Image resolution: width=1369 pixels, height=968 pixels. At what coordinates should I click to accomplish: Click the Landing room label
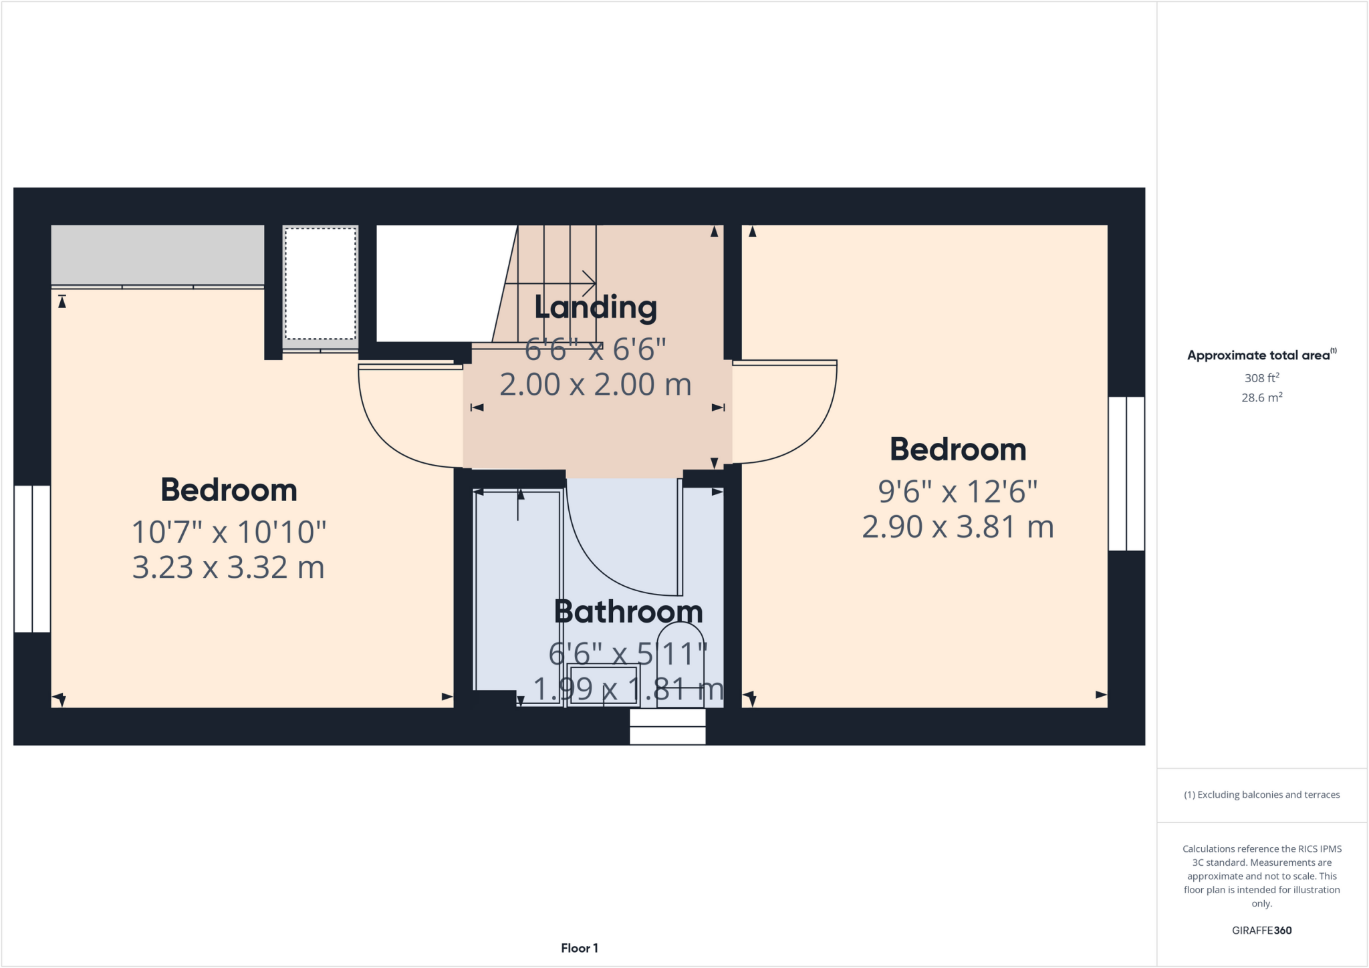596,308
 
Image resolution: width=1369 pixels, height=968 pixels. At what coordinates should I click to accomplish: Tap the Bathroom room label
628,612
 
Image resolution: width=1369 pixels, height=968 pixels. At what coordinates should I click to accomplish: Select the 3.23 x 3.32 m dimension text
228,568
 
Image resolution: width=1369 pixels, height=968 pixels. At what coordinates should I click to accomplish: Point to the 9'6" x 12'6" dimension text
957,492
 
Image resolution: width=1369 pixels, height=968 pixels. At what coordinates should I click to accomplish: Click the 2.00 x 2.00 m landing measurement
595,385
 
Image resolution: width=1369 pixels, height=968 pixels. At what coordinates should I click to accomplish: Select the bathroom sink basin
603,685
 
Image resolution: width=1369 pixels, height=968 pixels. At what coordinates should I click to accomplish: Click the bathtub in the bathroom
517,595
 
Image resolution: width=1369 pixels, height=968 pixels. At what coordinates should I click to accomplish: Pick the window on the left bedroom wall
32,558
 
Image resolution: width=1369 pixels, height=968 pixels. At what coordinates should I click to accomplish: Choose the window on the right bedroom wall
1126,474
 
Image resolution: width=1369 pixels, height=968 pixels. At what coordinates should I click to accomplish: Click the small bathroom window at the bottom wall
668,726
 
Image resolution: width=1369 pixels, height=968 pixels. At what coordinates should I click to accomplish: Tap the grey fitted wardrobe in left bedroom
157,255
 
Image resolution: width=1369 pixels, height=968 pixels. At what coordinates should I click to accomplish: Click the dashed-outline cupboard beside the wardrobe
320,284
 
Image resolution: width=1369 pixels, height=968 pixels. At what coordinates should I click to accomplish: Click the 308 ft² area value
1261,378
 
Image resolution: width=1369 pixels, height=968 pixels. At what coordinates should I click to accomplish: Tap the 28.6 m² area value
1261,397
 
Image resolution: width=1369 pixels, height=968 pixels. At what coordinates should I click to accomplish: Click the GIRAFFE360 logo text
1261,930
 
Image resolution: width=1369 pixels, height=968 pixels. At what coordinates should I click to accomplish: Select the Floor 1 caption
579,948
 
